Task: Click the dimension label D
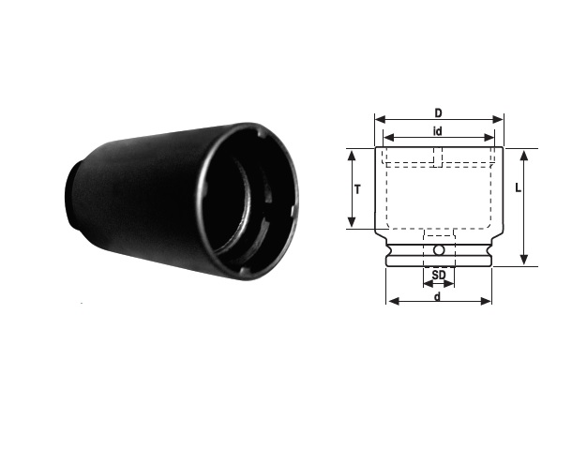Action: [438, 113]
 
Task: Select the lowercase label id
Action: [437, 131]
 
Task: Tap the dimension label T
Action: [357, 189]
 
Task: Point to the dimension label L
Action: [518, 188]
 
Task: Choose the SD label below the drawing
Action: [439, 275]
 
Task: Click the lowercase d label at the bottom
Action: [437, 296]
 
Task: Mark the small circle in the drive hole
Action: [439, 250]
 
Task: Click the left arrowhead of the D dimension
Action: [381, 119]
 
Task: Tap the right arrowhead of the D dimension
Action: [498, 119]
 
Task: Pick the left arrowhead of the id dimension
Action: [389, 138]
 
